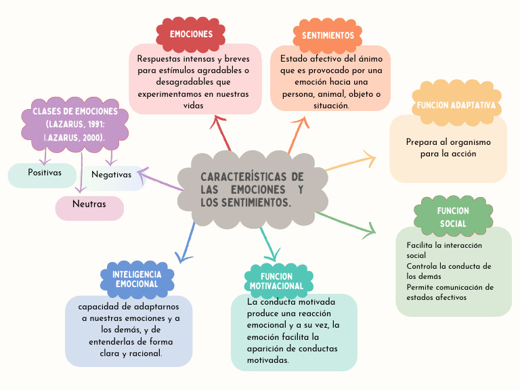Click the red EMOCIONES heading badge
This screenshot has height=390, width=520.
point(191,34)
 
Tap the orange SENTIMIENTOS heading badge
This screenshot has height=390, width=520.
point(328,35)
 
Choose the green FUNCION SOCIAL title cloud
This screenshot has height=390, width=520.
point(453,217)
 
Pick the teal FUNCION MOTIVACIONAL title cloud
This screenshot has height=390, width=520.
point(277,281)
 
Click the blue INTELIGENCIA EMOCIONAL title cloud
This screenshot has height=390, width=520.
point(137,279)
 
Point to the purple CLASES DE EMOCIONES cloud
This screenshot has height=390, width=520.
point(74,124)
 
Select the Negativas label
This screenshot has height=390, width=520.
point(111,175)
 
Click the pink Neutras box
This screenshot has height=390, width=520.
point(89,204)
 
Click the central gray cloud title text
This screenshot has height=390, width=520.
point(252,190)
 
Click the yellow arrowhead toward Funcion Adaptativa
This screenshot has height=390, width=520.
point(370,160)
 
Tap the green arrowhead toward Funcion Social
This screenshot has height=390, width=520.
point(370,230)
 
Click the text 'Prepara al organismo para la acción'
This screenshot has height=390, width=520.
point(448,148)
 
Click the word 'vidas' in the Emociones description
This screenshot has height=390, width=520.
point(194,106)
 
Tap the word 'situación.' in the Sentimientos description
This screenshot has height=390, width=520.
point(331,106)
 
